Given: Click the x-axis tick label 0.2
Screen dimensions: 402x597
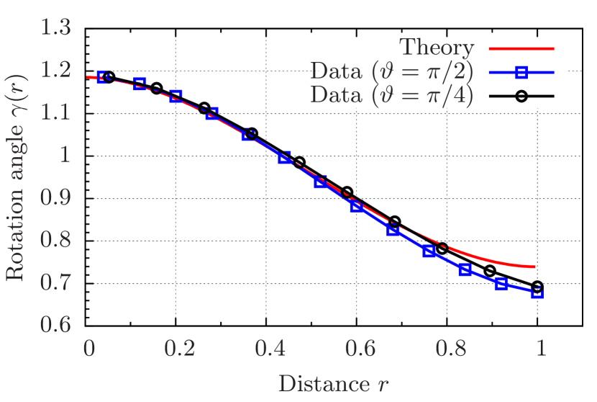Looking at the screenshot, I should pyautogui.click(x=179, y=348).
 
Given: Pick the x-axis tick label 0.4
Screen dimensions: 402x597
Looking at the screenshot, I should pyautogui.click(x=270, y=348).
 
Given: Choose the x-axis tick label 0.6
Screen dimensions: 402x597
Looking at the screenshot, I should pyautogui.click(x=360, y=348).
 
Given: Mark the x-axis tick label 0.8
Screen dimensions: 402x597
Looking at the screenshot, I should pyautogui.click(x=450, y=348).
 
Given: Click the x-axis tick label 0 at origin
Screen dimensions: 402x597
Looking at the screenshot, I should pyautogui.click(x=89, y=348).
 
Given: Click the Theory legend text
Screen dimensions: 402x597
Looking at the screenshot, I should pyautogui.click(x=437, y=48).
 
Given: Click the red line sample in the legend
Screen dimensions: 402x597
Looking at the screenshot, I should pyautogui.click(x=521, y=48).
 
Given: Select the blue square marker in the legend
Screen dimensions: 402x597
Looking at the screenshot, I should pyautogui.click(x=521, y=71).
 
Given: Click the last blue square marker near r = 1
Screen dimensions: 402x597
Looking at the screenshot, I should pyautogui.click(x=537, y=292).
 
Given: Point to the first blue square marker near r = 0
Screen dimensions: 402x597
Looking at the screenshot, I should pyautogui.click(x=102, y=77).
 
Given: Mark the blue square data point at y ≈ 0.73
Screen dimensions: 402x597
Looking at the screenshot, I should pyautogui.click(x=465, y=270).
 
